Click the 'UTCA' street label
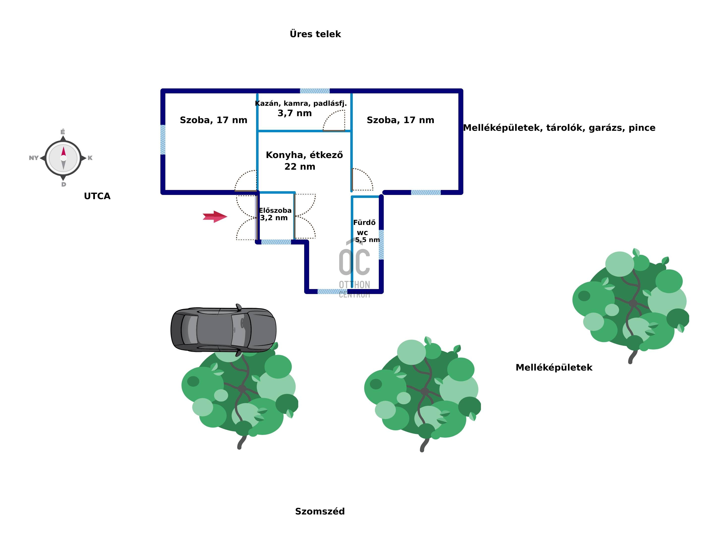click(x=97, y=196)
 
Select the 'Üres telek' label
click(x=315, y=34)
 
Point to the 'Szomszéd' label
click(x=320, y=511)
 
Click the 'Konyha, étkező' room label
click(x=304, y=155)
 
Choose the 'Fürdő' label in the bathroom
click(x=364, y=222)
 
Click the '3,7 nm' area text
click(x=295, y=113)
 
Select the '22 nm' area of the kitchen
click(x=300, y=167)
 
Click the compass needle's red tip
click(x=63, y=151)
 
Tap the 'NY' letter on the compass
click(x=34, y=158)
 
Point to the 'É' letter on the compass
click(x=63, y=132)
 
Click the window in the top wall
click(x=315, y=91)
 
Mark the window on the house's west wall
click(x=163, y=140)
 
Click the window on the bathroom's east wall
click(x=381, y=245)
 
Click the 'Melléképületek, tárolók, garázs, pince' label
click(x=559, y=128)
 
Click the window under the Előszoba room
click(x=276, y=242)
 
